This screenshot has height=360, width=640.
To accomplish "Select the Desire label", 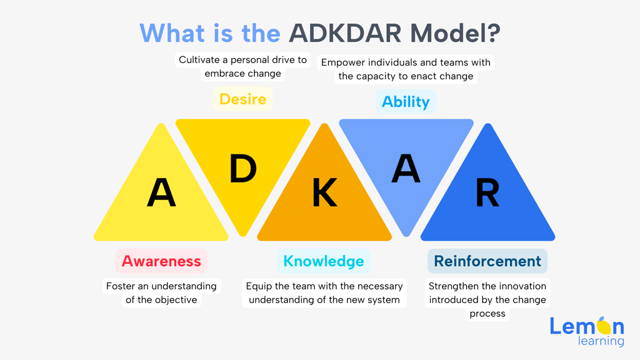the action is (242, 99).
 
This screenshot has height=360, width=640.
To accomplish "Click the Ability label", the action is (406, 102).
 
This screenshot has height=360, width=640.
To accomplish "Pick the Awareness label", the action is (161, 261).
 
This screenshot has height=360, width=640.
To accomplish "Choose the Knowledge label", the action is (324, 261).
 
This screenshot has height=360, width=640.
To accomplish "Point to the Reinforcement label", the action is (487, 261).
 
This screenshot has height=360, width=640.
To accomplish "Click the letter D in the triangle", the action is (243, 169).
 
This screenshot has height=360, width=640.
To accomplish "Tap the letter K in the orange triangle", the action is (324, 192).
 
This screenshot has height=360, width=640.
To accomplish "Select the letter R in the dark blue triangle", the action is (487, 192).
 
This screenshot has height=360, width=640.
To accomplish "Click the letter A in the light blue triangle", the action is (406, 168).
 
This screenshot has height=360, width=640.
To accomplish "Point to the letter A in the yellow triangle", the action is (161, 192).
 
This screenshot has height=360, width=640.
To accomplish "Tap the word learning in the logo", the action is (601, 341).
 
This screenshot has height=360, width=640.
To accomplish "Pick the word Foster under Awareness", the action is (120, 286).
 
